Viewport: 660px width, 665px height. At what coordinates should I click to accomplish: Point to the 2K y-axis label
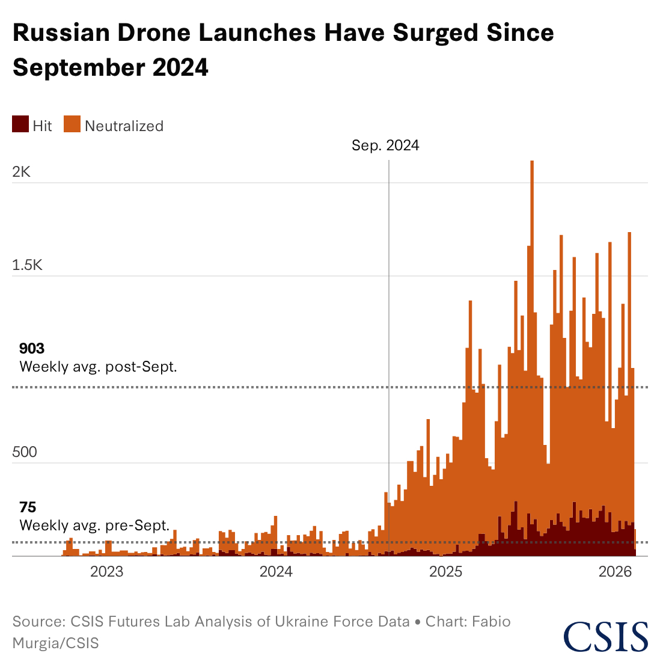[x=22, y=172]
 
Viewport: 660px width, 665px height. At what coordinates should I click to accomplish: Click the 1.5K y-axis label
[x=28, y=265]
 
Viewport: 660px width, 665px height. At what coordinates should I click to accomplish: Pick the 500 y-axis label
[x=25, y=452]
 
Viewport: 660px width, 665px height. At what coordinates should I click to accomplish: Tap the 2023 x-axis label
[x=106, y=571]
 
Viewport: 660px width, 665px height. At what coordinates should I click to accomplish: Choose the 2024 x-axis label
[x=276, y=571]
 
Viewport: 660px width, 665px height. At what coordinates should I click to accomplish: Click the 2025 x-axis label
[x=446, y=571]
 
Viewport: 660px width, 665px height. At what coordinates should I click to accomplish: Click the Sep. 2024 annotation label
[x=385, y=146]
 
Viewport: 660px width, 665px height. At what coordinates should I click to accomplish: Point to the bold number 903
[x=32, y=349]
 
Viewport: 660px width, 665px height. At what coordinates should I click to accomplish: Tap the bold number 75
[x=28, y=507]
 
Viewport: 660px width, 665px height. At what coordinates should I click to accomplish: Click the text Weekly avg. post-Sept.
[x=98, y=367]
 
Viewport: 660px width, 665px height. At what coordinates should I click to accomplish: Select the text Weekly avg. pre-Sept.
[x=94, y=526]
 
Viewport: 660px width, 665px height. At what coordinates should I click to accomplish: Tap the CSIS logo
[x=605, y=637]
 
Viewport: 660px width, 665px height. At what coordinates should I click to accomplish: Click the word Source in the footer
[x=38, y=621]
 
